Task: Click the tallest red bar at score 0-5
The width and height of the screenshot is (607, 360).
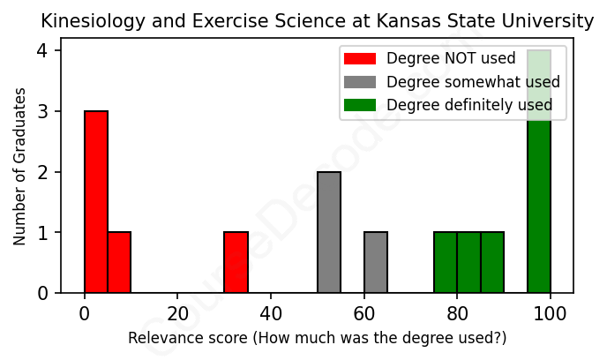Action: (96, 202)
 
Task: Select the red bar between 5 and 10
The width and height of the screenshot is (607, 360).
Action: (119, 262)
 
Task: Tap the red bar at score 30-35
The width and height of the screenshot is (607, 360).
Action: (236, 262)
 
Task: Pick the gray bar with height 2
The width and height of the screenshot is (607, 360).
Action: (329, 232)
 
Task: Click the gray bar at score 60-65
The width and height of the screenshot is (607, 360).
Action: (376, 262)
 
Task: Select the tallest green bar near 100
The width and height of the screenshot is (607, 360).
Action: (539, 171)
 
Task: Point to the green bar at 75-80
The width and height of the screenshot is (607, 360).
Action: (446, 262)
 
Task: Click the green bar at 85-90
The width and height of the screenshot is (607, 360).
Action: (492, 262)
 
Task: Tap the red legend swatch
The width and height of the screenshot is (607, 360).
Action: (360, 59)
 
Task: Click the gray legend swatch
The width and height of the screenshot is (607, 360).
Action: (360, 82)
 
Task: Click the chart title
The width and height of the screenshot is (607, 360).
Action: (318, 20)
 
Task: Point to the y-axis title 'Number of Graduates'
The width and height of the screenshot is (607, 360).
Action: (19, 165)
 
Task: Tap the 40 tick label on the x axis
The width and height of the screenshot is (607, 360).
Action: (271, 314)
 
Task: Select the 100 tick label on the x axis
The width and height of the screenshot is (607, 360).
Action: (551, 314)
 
